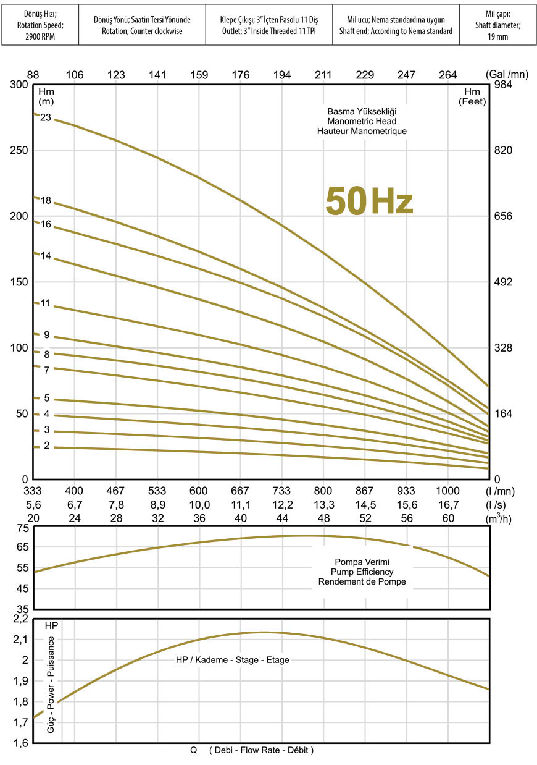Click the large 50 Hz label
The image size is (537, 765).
(x=369, y=201)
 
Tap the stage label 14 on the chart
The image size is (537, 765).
(x=46, y=255)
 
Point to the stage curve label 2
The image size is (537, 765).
(x=46, y=446)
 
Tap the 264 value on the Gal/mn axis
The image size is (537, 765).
(x=447, y=75)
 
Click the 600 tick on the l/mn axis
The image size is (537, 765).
(x=198, y=491)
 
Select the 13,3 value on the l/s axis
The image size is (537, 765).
(x=323, y=505)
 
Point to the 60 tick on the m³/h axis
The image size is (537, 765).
(x=447, y=518)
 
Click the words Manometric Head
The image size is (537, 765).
(x=362, y=122)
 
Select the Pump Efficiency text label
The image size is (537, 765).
(x=362, y=572)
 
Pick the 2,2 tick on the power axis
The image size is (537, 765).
(x=20, y=619)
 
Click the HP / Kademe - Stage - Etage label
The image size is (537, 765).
(x=232, y=660)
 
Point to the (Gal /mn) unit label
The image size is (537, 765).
(x=507, y=75)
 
